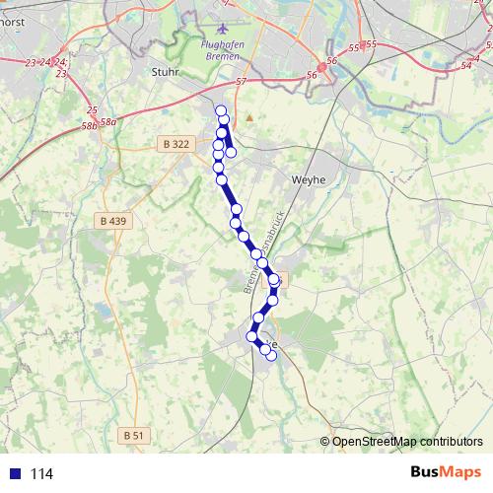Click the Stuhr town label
click(x=165, y=71)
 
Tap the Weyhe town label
click(x=309, y=180)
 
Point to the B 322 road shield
click(x=175, y=144)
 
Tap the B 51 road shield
click(x=134, y=435)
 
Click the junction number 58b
click(x=91, y=126)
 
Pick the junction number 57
click(x=241, y=83)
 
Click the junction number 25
click(x=92, y=109)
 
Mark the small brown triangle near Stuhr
click(x=249, y=117)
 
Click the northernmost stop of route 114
click(x=221, y=110)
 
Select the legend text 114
click(x=41, y=474)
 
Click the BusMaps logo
click(x=447, y=472)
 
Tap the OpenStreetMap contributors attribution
click(x=407, y=441)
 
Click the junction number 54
click(x=465, y=65)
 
